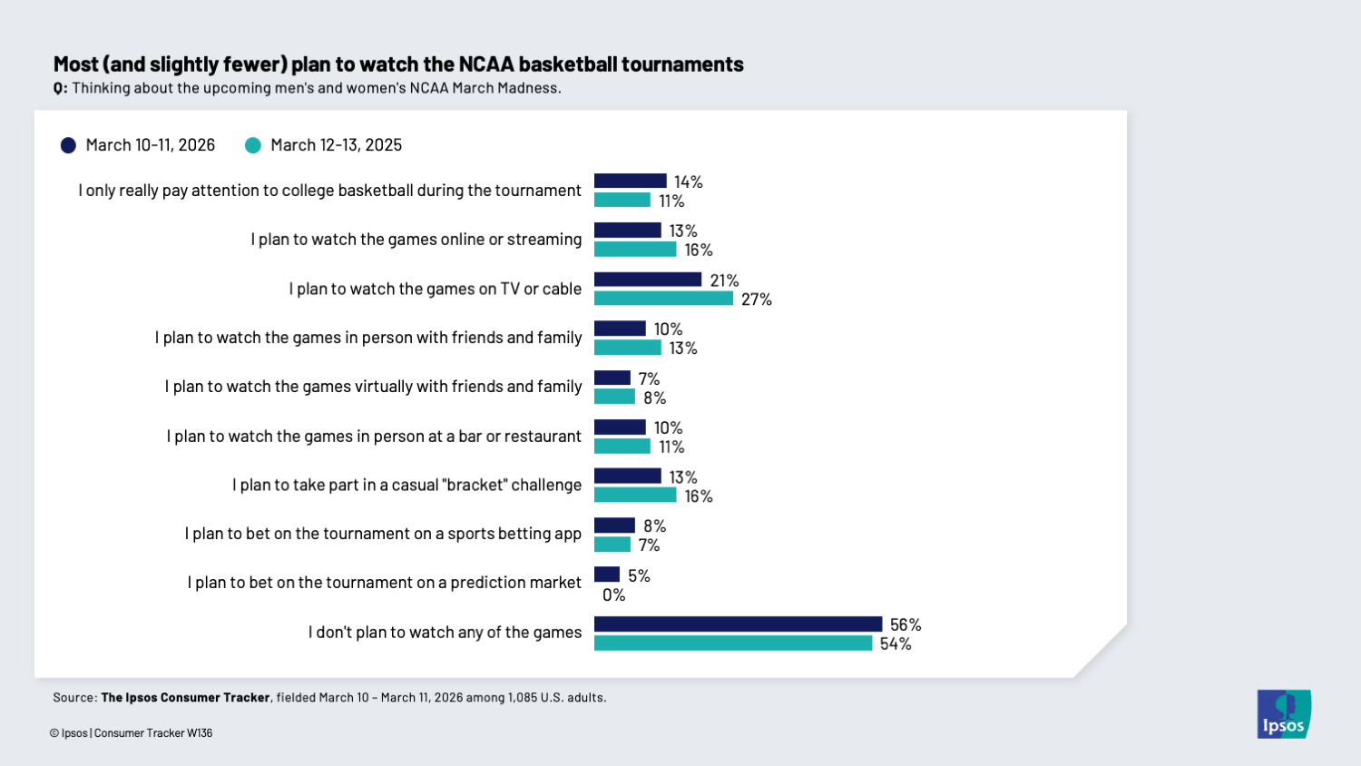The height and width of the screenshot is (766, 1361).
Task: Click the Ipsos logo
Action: pyautogui.click(x=1284, y=714)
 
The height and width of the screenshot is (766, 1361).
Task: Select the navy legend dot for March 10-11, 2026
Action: pyautogui.click(x=68, y=145)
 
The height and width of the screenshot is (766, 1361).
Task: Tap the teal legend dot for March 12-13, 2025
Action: pyautogui.click(x=253, y=145)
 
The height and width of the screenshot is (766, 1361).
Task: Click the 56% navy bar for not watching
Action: pyautogui.click(x=738, y=624)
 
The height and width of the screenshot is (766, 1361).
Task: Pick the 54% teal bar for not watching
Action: pyautogui.click(x=733, y=643)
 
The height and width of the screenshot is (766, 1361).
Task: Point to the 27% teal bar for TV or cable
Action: pyautogui.click(x=663, y=299)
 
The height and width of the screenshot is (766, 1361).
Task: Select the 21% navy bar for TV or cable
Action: pyautogui.click(x=648, y=280)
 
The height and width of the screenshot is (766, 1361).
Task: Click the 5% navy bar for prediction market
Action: pyautogui.click(x=607, y=574)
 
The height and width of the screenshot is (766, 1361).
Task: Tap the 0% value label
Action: pyautogui.click(x=614, y=595)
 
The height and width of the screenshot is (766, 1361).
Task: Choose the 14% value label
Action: pyautogui.click(x=689, y=182)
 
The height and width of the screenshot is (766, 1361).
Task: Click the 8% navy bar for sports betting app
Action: pyautogui.click(x=614, y=525)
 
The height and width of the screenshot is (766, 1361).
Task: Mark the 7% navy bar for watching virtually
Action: pyautogui.click(x=612, y=378)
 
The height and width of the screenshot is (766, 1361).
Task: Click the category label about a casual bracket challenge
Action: pyautogui.click(x=406, y=485)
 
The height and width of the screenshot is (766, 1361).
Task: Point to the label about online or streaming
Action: pyautogui.click(x=416, y=240)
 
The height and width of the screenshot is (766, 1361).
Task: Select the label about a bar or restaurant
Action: pyautogui.click(x=374, y=437)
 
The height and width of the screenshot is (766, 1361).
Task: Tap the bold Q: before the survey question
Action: pyautogui.click(x=60, y=88)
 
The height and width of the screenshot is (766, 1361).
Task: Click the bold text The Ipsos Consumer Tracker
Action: pyautogui.click(x=185, y=698)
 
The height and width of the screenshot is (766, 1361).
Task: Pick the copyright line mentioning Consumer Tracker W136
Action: pyautogui.click(x=132, y=733)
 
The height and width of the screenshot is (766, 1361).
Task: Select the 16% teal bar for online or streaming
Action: pyautogui.click(x=635, y=250)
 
